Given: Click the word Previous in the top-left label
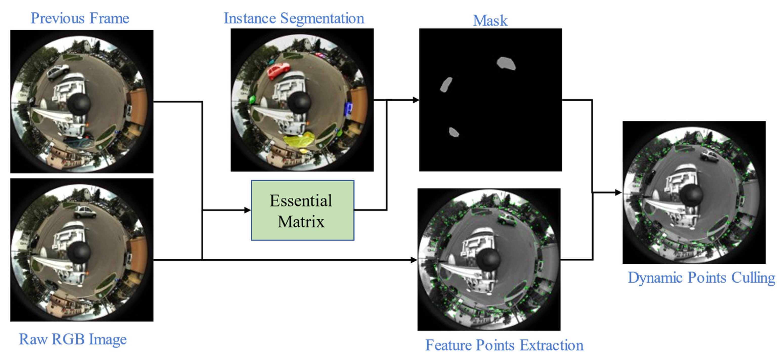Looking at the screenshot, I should pos(57,18).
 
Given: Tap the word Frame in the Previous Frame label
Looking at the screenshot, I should pos(109,18).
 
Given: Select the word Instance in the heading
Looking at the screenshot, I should pos(250,18).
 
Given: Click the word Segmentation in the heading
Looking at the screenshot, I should pos(322,19).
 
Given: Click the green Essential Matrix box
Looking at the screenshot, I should pos(302,210).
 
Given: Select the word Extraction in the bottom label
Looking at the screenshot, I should pos(552,345).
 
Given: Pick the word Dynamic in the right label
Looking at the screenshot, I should pos(656,278).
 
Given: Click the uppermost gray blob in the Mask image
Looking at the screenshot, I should pos(506,63).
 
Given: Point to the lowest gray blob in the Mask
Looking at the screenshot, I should pos(453,132).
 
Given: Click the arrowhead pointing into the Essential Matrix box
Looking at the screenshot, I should pos(247,210).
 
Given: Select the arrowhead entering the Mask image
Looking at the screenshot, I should pos(416,100).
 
